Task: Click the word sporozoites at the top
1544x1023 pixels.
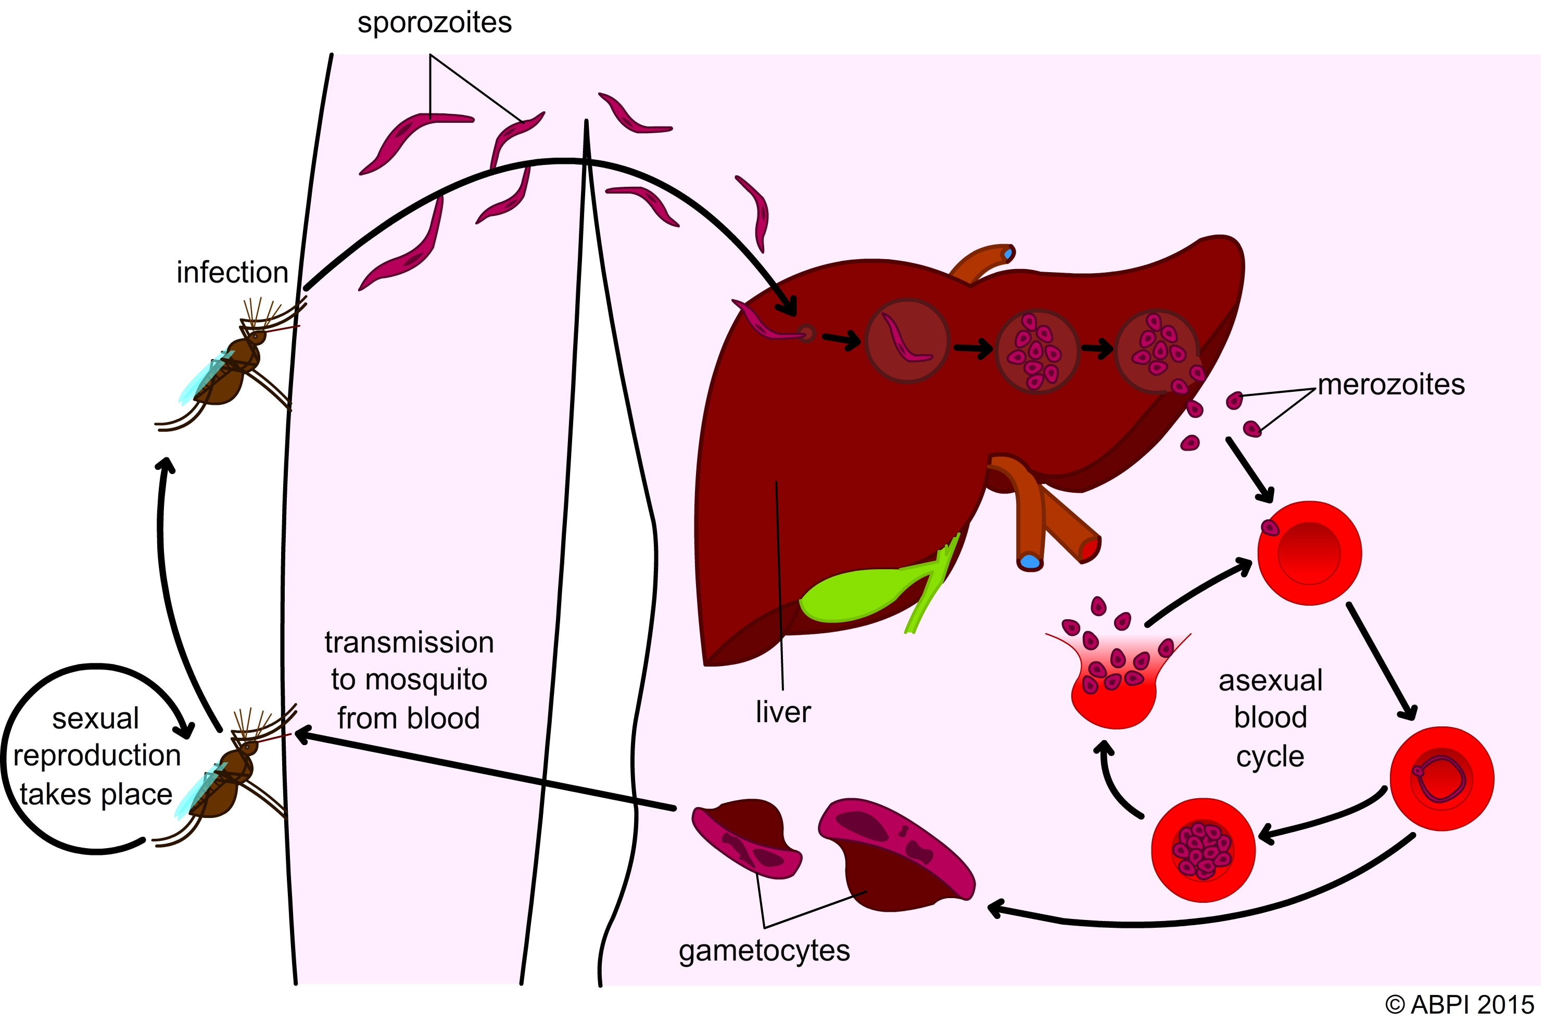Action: (435, 23)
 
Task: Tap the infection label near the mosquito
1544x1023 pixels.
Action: (232, 273)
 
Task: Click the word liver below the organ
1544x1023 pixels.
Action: (782, 712)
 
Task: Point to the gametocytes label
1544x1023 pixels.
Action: (764, 951)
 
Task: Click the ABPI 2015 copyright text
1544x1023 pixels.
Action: (1459, 1004)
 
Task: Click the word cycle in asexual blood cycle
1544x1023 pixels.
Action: (1270, 756)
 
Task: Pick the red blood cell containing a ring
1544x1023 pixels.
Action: (1441, 779)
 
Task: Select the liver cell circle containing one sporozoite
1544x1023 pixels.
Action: (907, 340)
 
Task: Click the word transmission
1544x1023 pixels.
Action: (409, 643)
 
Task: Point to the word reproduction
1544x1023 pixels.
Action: (97, 756)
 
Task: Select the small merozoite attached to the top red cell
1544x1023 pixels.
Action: (1270, 527)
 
